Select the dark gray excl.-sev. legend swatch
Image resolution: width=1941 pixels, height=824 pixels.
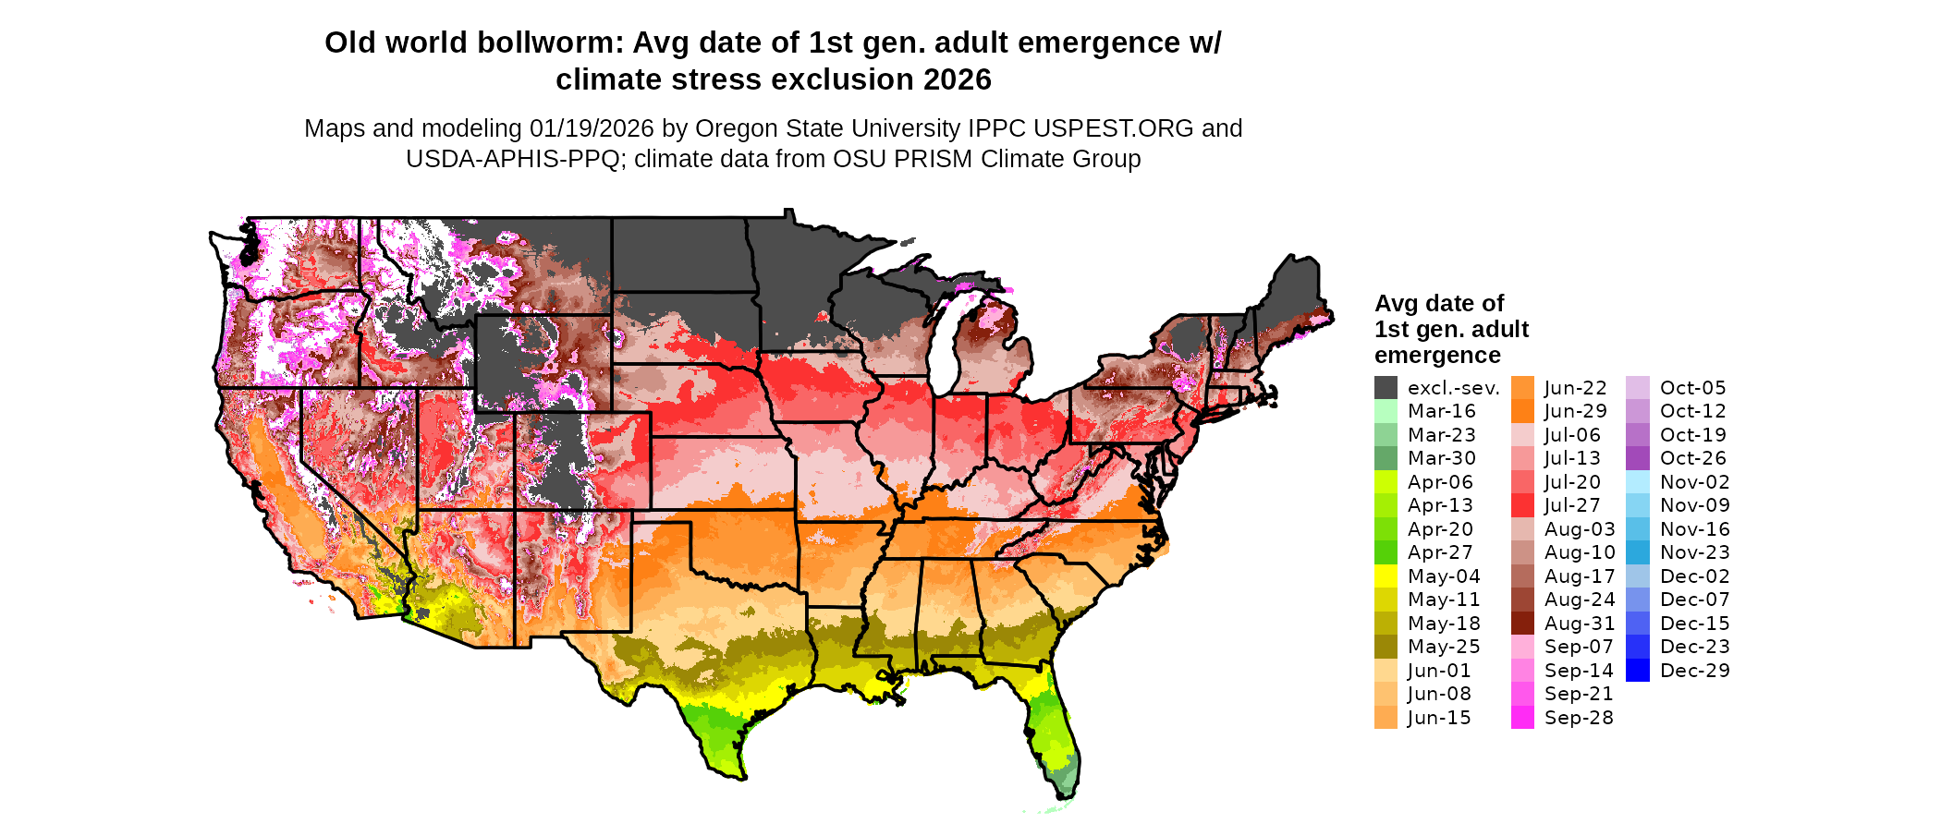click(1386, 388)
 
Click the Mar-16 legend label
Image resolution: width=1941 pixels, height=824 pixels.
click(1442, 411)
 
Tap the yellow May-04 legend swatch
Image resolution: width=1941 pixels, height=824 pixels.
click(1386, 576)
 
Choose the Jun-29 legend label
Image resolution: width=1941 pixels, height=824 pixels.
click(1576, 411)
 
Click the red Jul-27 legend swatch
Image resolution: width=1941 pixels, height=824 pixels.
click(1522, 505)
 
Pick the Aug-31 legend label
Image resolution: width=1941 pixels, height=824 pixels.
click(1580, 624)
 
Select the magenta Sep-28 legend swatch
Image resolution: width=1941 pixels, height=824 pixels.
click(1522, 718)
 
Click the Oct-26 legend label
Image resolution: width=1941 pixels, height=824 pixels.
click(1693, 458)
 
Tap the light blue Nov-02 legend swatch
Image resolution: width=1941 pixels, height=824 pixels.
click(1637, 482)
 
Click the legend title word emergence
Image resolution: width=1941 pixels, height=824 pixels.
click(1437, 356)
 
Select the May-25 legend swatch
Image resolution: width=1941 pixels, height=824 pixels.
click(1386, 647)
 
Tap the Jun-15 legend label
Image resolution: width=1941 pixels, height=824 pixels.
click(1439, 718)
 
